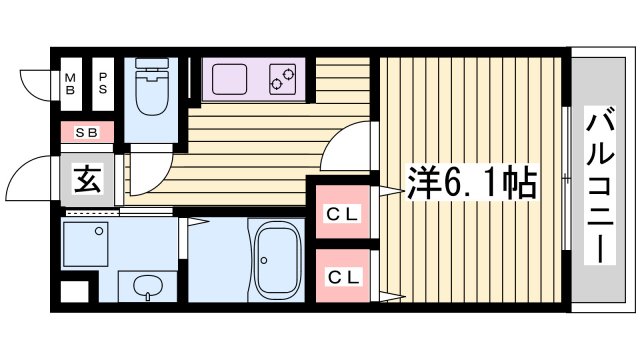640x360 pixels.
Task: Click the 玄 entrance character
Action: (85, 183)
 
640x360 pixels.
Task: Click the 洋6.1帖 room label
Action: (471, 183)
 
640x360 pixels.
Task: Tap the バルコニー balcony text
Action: (600, 184)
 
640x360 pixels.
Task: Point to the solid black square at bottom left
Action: (72, 292)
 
